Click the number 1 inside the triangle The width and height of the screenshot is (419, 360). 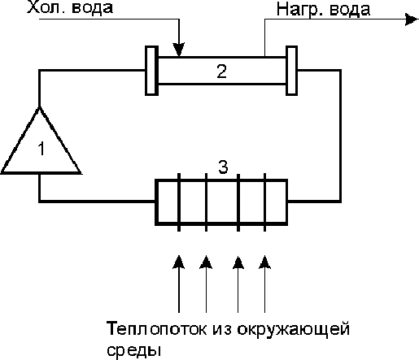pos(41,149)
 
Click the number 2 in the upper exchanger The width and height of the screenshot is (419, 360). pos(221,72)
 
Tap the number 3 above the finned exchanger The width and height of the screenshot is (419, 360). pos(223,167)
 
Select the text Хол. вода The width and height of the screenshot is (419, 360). pos(70,7)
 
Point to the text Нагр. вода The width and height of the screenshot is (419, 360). pos(323,9)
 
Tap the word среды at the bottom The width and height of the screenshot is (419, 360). pos(134,350)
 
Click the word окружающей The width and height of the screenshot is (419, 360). pos(294,329)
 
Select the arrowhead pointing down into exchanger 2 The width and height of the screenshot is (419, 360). pos(179,50)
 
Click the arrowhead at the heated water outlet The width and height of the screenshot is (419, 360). pos(412,20)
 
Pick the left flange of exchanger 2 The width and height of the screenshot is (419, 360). pos(151,71)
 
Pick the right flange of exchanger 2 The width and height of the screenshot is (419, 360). pos(292,71)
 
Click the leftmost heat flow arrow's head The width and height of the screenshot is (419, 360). pos(179,262)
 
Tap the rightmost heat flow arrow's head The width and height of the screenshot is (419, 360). pos(264,262)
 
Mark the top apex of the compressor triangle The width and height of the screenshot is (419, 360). pos(40,108)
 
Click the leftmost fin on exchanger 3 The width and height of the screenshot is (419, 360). pos(179,202)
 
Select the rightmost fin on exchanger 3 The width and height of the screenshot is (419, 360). pos(264,202)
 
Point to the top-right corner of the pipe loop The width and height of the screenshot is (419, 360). pos(340,71)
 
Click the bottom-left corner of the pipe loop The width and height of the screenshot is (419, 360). pos(40,202)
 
